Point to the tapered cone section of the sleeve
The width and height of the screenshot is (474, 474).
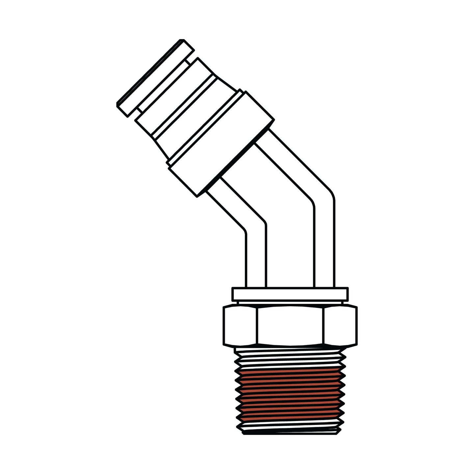coord(165,145)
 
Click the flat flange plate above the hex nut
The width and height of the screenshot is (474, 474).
coord(290,294)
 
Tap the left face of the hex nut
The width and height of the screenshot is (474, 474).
coord(240,326)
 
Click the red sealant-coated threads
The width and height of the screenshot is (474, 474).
coord(290,392)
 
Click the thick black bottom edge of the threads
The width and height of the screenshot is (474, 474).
coord(290,434)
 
